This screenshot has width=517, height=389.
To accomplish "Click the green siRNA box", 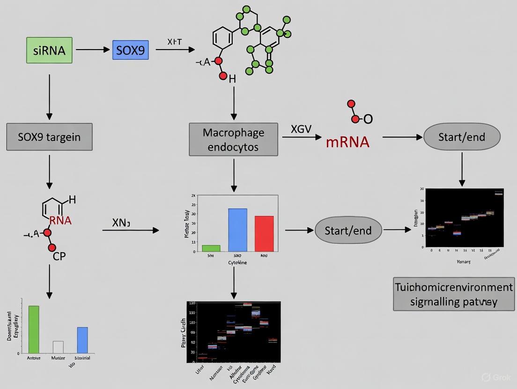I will [x=49, y=50].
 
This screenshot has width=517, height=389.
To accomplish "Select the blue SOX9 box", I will [x=130, y=50].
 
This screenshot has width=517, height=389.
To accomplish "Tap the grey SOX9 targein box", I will [x=49, y=137].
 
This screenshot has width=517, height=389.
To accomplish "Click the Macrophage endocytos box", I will [x=233, y=139].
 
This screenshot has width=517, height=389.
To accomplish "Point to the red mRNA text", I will [x=347, y=142].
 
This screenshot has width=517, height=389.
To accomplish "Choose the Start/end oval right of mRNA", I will [x=462, y=137].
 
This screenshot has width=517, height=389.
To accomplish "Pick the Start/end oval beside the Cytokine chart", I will [x=348, y=230].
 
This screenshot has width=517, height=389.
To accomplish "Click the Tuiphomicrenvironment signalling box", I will [x=453, y=294].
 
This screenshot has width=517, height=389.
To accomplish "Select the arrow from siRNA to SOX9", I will [x=92, y=49].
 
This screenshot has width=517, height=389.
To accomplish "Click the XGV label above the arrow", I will [x=301, y=129].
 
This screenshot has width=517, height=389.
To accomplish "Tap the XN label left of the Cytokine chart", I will [x=121, y=223].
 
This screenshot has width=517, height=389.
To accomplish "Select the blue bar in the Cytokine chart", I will [x=237, y=230].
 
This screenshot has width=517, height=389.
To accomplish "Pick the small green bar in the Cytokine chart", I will [x=211, y=248].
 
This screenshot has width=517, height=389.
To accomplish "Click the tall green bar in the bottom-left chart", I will [x=34, y=329].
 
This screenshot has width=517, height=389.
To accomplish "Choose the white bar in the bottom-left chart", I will [x=58, y=347].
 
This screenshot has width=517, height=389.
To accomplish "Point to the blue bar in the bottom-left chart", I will [x=82, y=340].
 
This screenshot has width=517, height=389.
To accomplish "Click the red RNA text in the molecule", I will [x=60, y=221].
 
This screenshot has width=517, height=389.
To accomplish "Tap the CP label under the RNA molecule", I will [x=59, y=256].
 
